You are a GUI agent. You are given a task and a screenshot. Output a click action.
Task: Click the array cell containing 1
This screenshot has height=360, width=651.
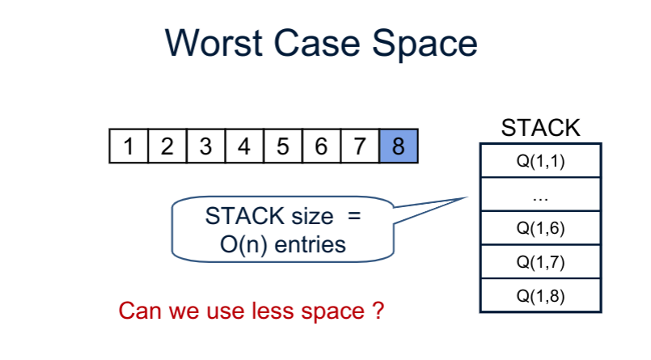129,146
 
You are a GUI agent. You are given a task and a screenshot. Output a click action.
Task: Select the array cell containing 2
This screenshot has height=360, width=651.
167,146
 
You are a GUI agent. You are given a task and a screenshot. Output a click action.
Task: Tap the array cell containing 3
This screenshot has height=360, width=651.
205,146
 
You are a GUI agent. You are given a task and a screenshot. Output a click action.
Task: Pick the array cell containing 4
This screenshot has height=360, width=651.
244,146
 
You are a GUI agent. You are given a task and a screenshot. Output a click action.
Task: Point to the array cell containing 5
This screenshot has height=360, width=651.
282,146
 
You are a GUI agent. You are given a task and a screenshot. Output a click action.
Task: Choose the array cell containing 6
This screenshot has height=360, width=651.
321,146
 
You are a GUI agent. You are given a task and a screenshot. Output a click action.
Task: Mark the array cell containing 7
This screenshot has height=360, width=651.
359,146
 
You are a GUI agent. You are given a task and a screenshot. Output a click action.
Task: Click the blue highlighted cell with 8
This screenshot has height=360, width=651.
398,146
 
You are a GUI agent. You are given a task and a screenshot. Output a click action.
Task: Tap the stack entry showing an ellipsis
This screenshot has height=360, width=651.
541,194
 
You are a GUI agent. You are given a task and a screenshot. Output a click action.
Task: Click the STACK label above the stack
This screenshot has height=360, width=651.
541,128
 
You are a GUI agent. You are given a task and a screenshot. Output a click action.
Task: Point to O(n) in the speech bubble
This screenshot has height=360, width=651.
243,244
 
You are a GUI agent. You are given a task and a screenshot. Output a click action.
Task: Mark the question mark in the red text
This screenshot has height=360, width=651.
378,310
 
